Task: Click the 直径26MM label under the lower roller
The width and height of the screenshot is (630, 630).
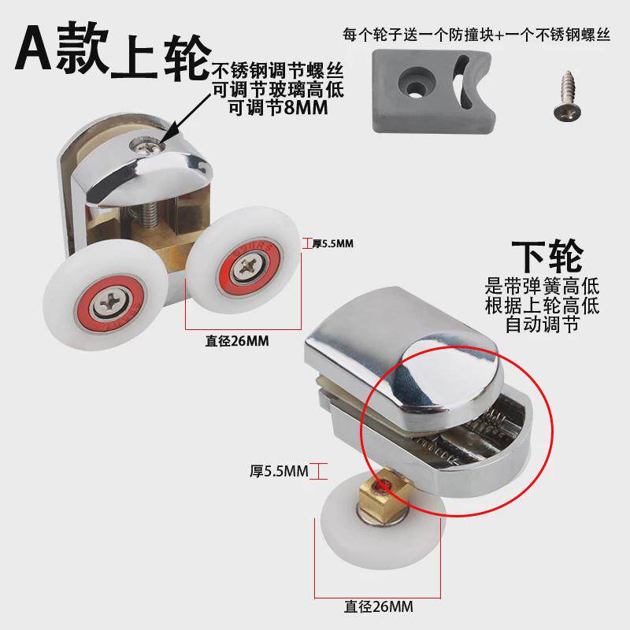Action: tap(378, 607)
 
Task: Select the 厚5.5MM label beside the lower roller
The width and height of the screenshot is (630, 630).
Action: tap(278, 472)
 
